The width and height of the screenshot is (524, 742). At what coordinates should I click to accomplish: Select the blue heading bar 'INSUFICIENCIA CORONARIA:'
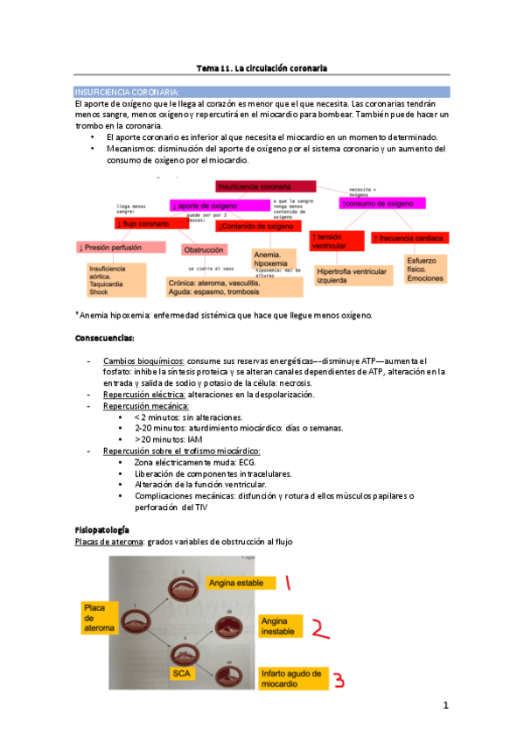(x=262, y=91)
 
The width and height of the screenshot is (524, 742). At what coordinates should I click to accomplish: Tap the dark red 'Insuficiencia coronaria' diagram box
(x=265, y=186)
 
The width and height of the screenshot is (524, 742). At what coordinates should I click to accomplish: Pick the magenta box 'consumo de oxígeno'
(x=381, y=203)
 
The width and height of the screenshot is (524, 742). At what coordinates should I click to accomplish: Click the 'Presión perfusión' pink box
(x=120, y=248)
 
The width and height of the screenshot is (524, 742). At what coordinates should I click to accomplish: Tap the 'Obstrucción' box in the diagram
(x=204, y=249)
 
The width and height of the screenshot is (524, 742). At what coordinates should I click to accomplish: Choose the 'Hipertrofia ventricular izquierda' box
(x=352, y=276)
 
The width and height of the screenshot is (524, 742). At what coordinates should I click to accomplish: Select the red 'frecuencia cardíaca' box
(x=409, y=237)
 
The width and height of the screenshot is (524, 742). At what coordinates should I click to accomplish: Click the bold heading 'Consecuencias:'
(x=105, y=338)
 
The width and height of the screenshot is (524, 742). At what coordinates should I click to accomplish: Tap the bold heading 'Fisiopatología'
(x=102, y=530)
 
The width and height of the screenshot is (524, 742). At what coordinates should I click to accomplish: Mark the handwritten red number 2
(x=322, y=627)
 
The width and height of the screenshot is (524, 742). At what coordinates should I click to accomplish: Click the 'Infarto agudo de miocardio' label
(x=290, y=679)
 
